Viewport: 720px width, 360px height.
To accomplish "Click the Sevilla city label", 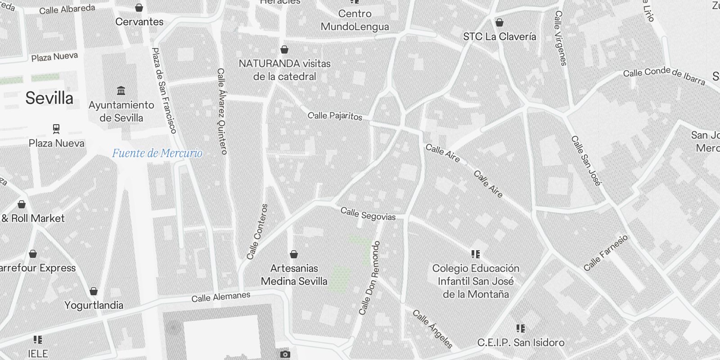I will [49, 98].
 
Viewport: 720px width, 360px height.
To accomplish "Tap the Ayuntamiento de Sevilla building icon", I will [121, 91].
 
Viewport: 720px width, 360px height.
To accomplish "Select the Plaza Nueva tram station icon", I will [56, 129].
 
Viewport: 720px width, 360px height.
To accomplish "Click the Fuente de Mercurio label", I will [157, 153].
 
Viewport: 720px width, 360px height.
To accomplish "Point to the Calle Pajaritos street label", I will [335, 116].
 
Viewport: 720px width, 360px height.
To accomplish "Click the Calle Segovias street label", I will [368, 214].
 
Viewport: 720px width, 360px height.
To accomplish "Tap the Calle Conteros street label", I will [257, 232].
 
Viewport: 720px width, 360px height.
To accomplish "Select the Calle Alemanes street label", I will [220, 297].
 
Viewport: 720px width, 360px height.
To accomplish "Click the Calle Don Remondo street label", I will [370, 278].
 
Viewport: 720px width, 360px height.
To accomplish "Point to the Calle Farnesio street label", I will [605, 253].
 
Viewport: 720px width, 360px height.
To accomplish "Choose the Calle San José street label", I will [586, 161].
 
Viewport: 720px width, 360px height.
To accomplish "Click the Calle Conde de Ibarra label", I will [664, 76].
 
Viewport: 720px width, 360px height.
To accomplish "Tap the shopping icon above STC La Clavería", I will [499, 22].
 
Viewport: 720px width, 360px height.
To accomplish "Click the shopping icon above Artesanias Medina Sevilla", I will [294, 255].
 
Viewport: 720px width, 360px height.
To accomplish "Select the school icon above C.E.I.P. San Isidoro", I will [521, 328].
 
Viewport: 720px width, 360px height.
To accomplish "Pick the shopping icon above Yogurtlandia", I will [94, 291].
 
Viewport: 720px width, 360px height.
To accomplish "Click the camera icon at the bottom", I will [285, 355].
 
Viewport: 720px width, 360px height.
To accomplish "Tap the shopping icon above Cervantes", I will [139, 8].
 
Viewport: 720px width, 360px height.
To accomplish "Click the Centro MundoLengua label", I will [355, 20].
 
